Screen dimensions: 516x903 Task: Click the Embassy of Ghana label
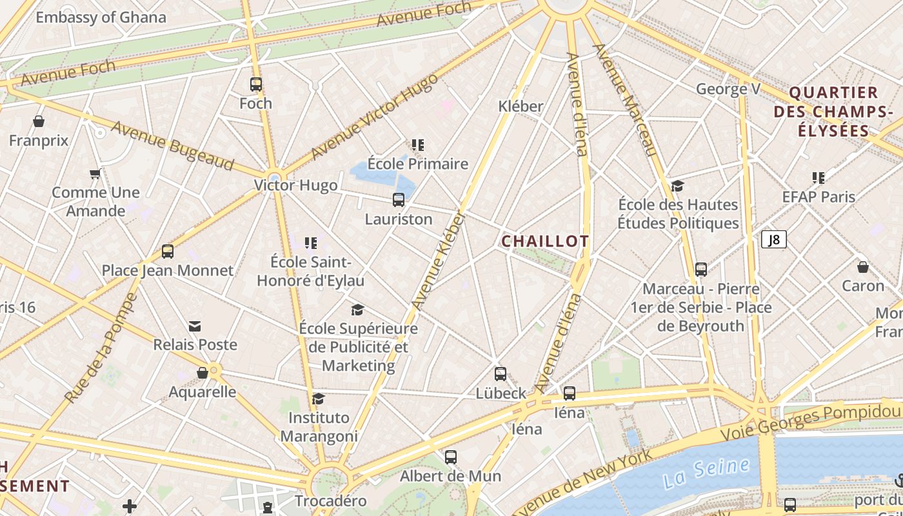pos(101,17)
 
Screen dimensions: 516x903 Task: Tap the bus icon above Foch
pos(256,84)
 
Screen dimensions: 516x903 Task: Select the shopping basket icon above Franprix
pos(39,121)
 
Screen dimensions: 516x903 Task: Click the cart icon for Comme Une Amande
pos(95,174)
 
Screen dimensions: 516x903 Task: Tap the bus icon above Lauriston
pos(399,200)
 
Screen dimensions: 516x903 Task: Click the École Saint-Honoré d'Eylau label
pos(310,272)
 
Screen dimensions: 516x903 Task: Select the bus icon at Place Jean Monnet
pos(168,252)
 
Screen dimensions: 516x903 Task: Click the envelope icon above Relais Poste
pos(195,326)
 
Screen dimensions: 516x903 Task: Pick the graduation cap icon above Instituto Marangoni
pos(319,399)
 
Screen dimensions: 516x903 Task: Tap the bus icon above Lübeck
pos(501,374)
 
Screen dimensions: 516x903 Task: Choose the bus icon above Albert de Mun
pos(451,457)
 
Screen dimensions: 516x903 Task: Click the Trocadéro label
pos(330,501)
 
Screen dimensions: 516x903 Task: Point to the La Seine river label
pos(706,473)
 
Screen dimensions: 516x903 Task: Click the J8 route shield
pos(774,240)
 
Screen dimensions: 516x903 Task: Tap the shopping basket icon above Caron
pos(863,267)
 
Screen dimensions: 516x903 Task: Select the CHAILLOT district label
pos(545,241)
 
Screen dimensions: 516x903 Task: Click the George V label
pos(728,89)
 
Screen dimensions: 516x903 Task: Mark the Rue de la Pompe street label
pos(101,348)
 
